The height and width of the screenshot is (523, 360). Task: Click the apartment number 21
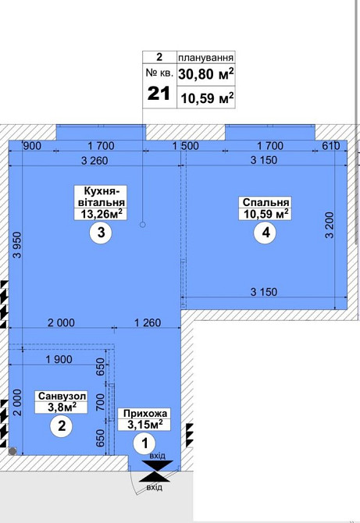click(159, 94)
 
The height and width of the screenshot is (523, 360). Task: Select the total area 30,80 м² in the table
click(205, 74)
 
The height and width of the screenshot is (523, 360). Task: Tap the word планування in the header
click(205, 57)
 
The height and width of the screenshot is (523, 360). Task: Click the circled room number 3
click(101, 232)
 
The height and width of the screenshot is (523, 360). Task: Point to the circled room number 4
click(266, 233)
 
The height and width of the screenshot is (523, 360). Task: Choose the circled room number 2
click(62, 426)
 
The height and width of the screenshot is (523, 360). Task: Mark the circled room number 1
click(144, 443)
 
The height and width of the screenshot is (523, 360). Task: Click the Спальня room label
click(266, 202)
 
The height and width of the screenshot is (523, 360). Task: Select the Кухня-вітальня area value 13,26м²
click(101, 214)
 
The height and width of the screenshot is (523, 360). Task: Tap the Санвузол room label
click(62, 396)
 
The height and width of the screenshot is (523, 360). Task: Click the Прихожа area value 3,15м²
click(144, 425)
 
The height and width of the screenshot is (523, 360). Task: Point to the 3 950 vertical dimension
click(17, 245)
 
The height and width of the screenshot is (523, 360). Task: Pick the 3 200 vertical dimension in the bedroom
click(330, 225)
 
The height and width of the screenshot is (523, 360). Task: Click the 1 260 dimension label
click(148, 322)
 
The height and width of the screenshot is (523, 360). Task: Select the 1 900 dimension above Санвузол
click(59, 359)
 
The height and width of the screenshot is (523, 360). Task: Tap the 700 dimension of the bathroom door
click(100, 401)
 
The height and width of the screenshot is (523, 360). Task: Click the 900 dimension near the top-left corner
click(31, 146)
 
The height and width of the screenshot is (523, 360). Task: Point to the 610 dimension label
click(331, 146)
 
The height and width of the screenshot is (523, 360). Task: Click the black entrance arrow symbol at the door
click(156, 471)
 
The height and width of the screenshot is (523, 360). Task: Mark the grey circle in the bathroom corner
click(12, 452)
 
